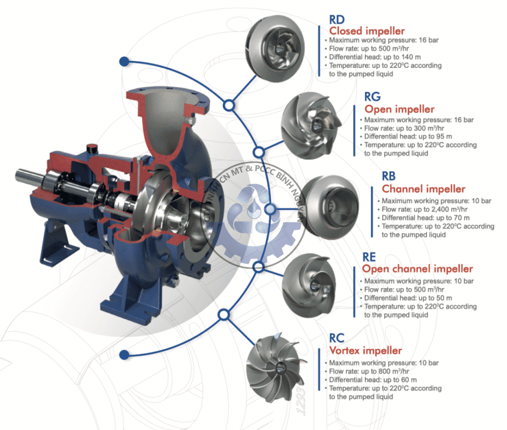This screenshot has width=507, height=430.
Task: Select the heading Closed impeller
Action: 367,31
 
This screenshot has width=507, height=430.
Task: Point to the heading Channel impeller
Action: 423,189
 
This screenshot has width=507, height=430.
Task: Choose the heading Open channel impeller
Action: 417,268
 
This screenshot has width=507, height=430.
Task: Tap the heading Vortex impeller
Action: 365,350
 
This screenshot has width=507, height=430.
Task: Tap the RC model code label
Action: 337,339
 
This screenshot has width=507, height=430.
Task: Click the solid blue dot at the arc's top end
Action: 124,61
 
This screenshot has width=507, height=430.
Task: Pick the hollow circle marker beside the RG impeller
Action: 259,152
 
